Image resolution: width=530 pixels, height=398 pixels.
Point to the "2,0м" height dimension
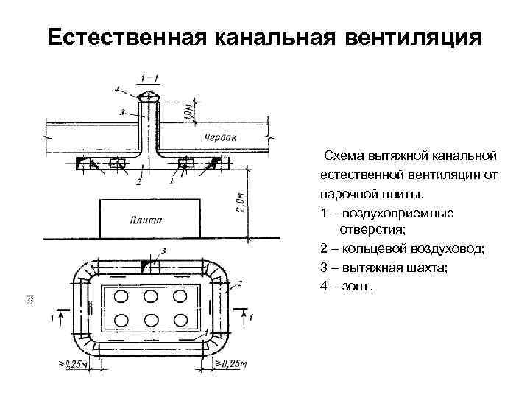249,200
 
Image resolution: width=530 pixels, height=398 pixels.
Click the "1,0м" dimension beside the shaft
189,108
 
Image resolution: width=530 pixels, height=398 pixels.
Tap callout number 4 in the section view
117,89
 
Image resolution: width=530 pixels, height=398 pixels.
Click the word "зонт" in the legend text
360,284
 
